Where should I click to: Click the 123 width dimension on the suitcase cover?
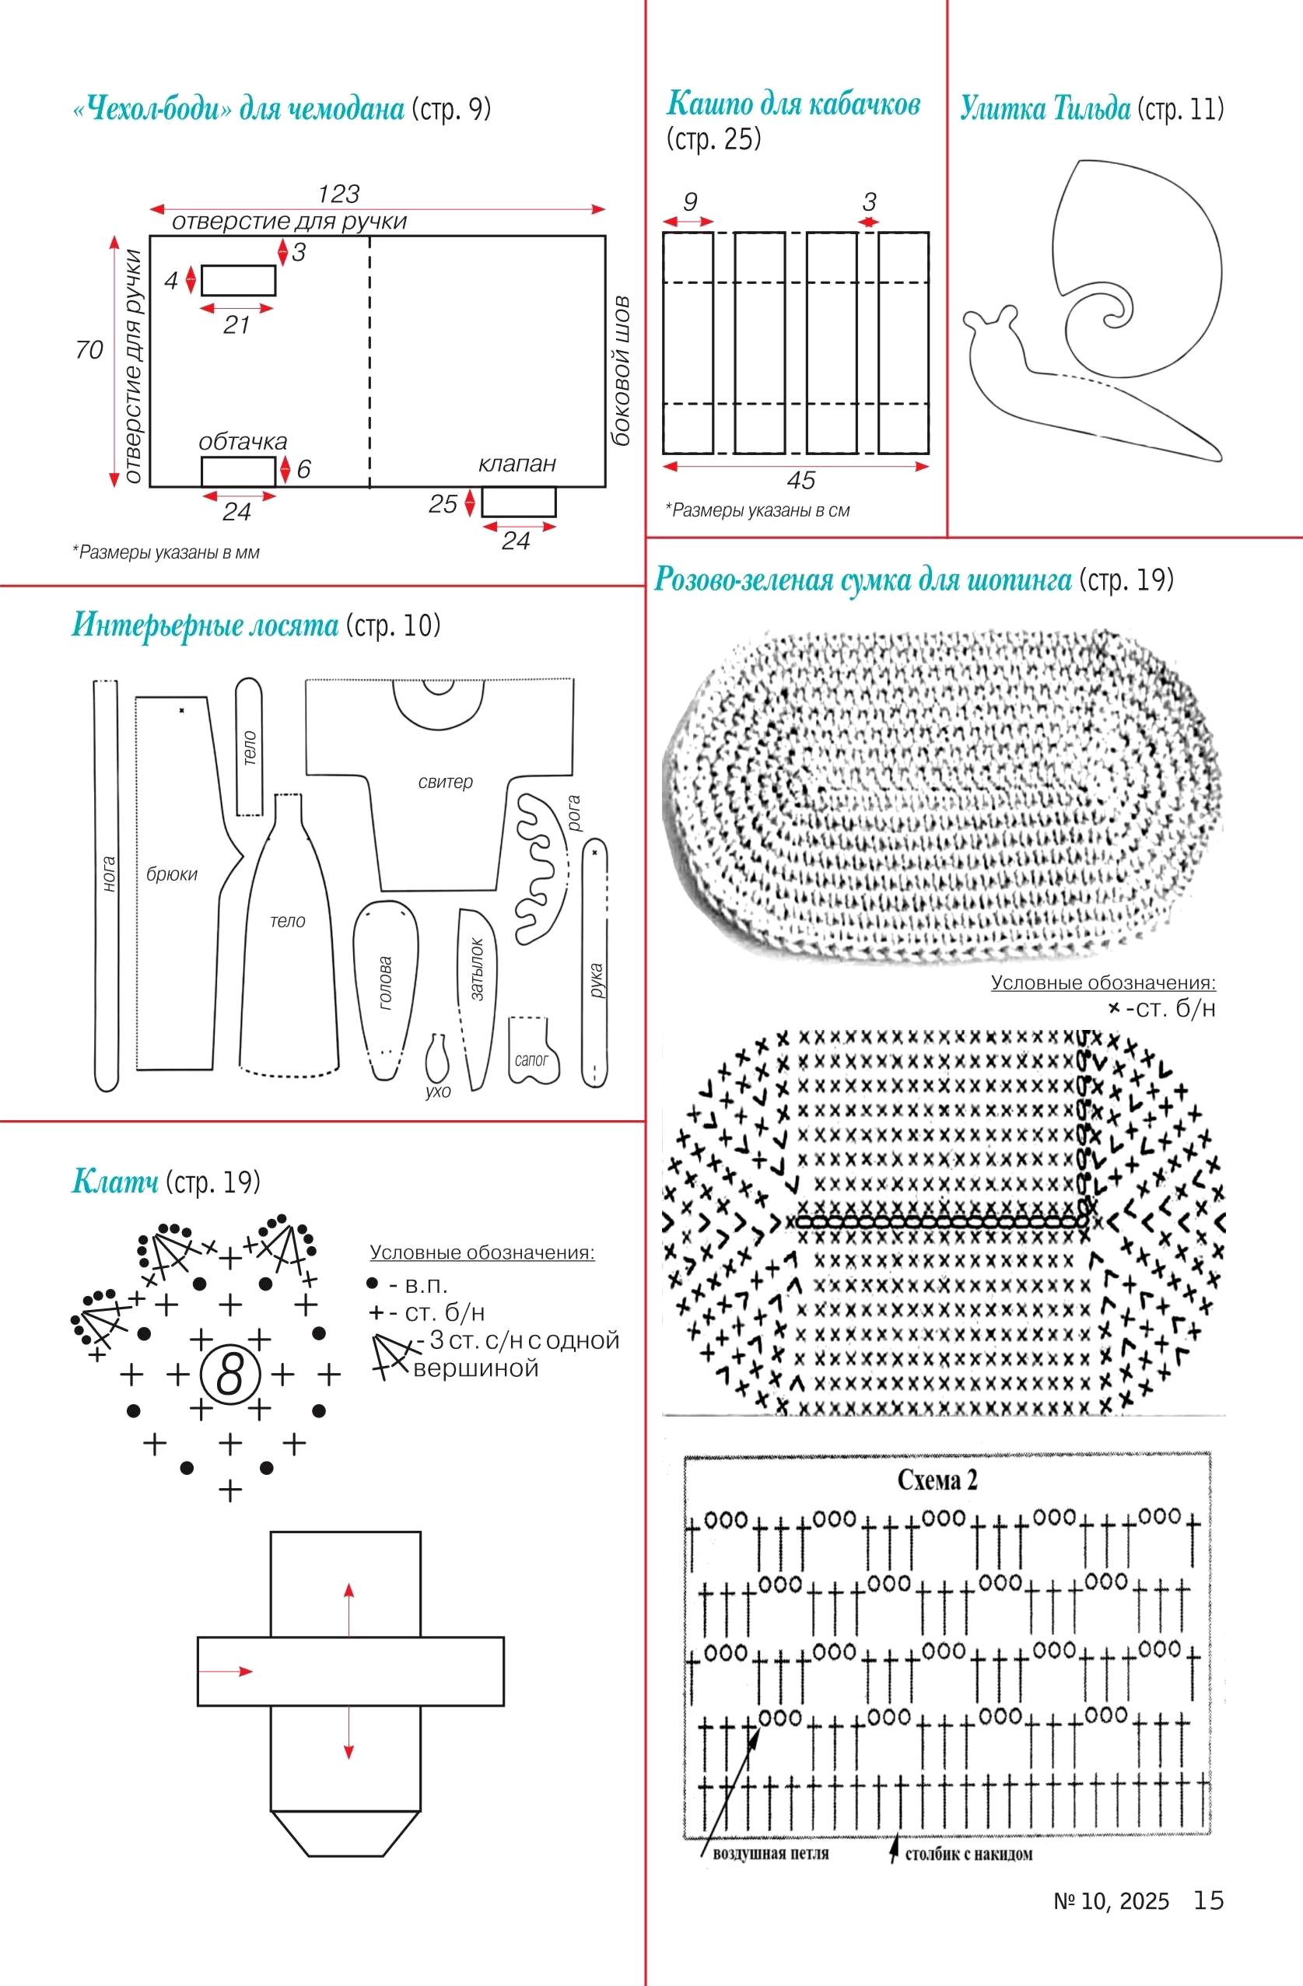[x=338, y=194]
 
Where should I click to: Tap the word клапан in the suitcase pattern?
[x=517, y=464]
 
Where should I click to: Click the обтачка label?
[x=243, y=441]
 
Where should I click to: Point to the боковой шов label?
[x=621, y=370]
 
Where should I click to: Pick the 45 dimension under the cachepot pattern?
[x=800, y=481]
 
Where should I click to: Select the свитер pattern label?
[x=445, y=782]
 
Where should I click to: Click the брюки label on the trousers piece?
[x=172, y=874]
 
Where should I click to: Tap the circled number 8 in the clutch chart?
[x=229, y=1375]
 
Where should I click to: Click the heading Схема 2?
[x=937, y=1480]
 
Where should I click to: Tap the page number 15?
[x=1209, y=1900]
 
